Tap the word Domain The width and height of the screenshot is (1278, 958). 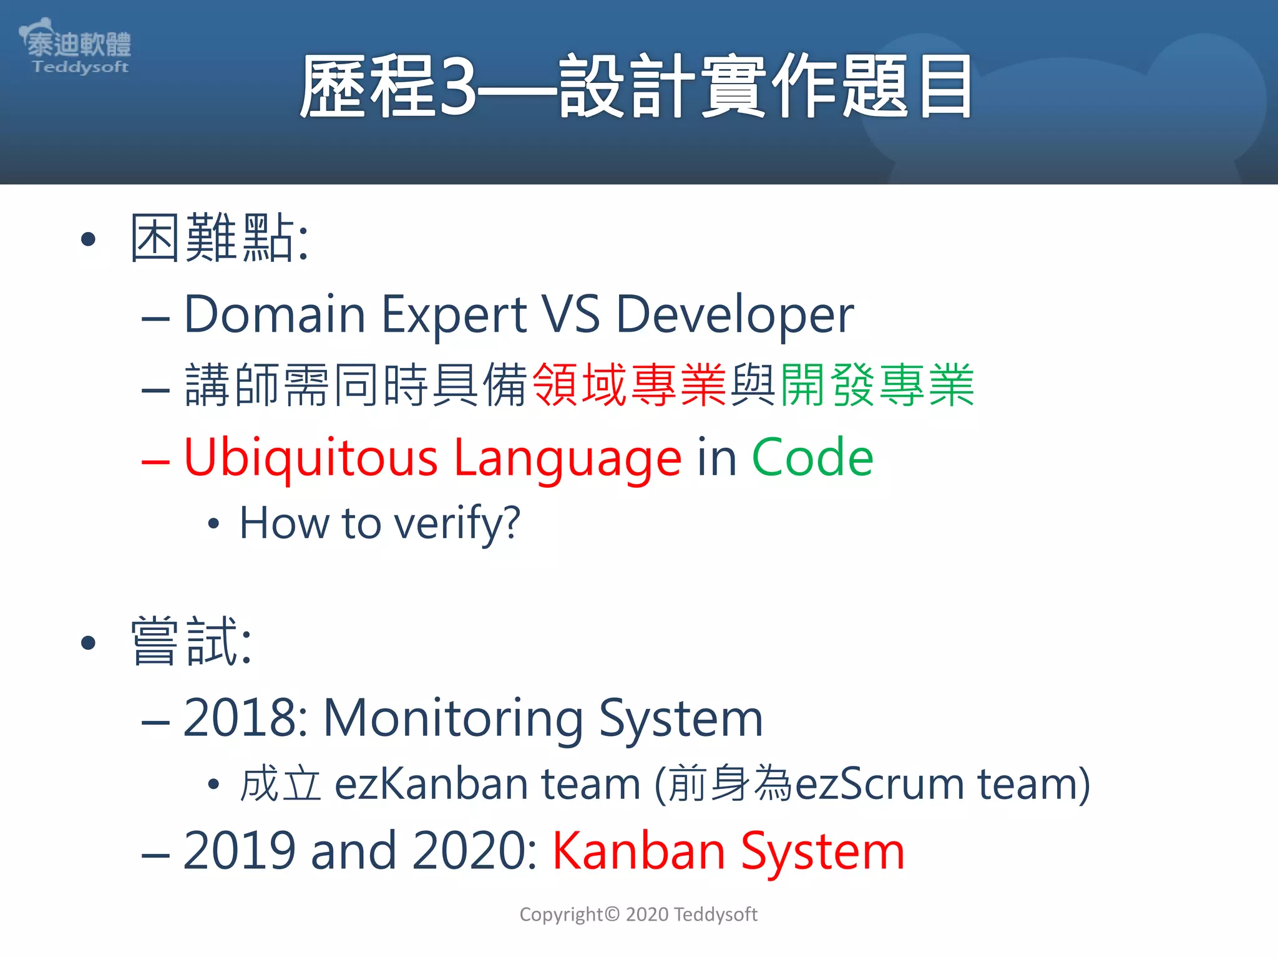pos(275,314)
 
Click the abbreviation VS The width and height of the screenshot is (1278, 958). pos(570,314)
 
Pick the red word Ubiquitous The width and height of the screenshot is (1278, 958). pos(311,458)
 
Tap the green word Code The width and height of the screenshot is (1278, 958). pos(812,458)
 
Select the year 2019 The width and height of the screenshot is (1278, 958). pos(239,851)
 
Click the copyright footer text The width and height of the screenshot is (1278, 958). pos(638,914)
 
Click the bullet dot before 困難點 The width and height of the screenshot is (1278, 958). pos(89,239)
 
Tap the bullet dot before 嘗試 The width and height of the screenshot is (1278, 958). pos(89,642)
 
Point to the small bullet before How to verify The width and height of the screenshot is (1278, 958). pos(214,524)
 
